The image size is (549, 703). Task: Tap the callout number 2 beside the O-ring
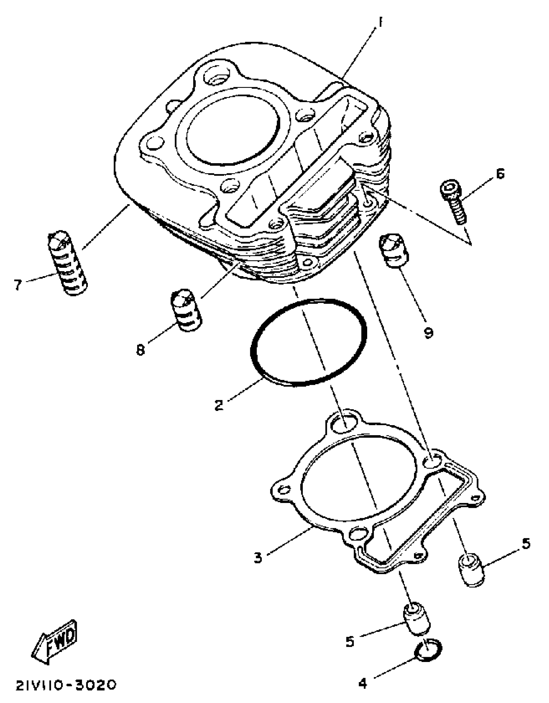click(219, 404)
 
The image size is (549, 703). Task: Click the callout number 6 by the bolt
click(500, 174)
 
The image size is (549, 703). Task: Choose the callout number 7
click(18, 285)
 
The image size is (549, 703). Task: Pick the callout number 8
click(140, 350)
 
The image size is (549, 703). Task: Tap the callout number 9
click(428, 332)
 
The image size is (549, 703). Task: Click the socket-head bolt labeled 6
click(454, 202)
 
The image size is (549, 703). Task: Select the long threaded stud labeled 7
click(68, 263)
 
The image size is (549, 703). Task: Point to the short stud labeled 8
click(186, 310)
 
